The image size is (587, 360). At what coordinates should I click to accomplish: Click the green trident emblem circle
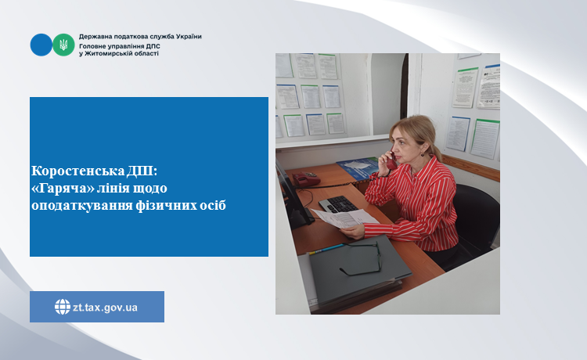pyautogui.click(x=63, y=45)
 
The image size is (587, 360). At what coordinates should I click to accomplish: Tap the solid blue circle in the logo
pyautogui.click(x=41, y=45)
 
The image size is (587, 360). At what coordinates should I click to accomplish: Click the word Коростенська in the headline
pyautogui.click(x=77, y=171)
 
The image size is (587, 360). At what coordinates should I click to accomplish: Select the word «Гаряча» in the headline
pyautogui.click(x=63, y=188)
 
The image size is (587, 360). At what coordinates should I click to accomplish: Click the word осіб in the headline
pyautogui.click(x=211, y=205)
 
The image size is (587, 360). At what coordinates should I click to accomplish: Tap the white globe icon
pyautogui.click(x=63, y=307)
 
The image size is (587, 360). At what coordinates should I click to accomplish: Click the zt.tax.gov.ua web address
pyautogui.click(x=105, y=308)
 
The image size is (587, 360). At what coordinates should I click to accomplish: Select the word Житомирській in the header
pyautogui.click(x=109, y=53)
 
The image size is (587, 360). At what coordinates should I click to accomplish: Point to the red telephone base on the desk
pyautogui.click(x=306, y=178)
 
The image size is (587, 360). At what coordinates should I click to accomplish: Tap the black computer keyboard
pyautogui.click(x=338, y=204)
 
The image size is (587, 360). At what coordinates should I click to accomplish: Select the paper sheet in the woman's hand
pyautogui.click(x=344, y=218)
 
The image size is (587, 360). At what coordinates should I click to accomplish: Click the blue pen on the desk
pyautogui.click(x=326, y=249)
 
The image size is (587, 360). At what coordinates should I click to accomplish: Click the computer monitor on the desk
pyautogui.click(x=293, y=196)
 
